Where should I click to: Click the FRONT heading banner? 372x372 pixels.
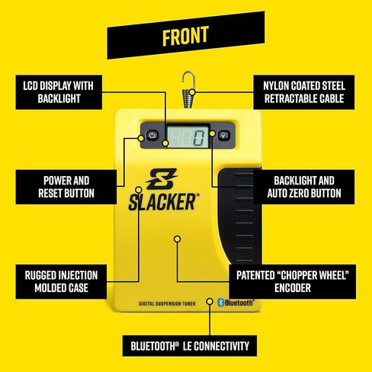[x=186, y=36]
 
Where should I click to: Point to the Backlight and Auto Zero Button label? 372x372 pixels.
[x=306, y=186]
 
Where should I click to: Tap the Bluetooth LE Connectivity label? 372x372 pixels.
[x=186, y=346]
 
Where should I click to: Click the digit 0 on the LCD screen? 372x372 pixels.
[x=198, y=138]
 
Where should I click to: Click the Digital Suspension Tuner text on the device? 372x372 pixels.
[x=165, y=304]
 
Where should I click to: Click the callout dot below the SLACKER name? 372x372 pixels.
[x=177, y=239]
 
